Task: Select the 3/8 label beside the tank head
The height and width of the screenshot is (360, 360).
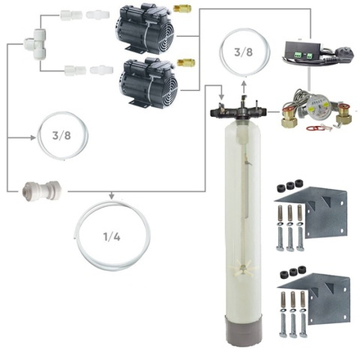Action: (243, 52)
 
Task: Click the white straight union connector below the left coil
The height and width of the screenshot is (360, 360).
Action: (33, 191)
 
